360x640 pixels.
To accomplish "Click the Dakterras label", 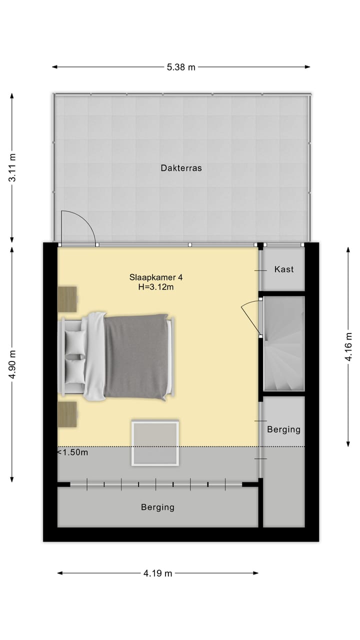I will [181, 168].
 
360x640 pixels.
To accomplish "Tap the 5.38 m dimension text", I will [181, 67].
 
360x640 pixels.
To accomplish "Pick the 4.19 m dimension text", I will [157, 573].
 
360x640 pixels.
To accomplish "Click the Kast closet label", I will [283, 269].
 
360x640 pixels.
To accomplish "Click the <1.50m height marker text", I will [73, 452].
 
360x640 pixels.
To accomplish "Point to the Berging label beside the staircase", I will [283, 429].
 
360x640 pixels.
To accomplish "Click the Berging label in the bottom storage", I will [157, 507].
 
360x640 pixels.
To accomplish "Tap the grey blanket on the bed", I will [136, 356].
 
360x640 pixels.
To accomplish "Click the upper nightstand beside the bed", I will [67, 298].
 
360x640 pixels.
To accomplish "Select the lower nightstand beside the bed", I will [67, 414].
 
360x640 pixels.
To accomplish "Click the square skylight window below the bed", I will [155, 443].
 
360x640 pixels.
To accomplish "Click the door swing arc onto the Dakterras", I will [80, 225].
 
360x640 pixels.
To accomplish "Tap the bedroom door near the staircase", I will [251, 317].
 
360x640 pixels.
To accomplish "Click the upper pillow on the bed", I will [75, 342].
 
